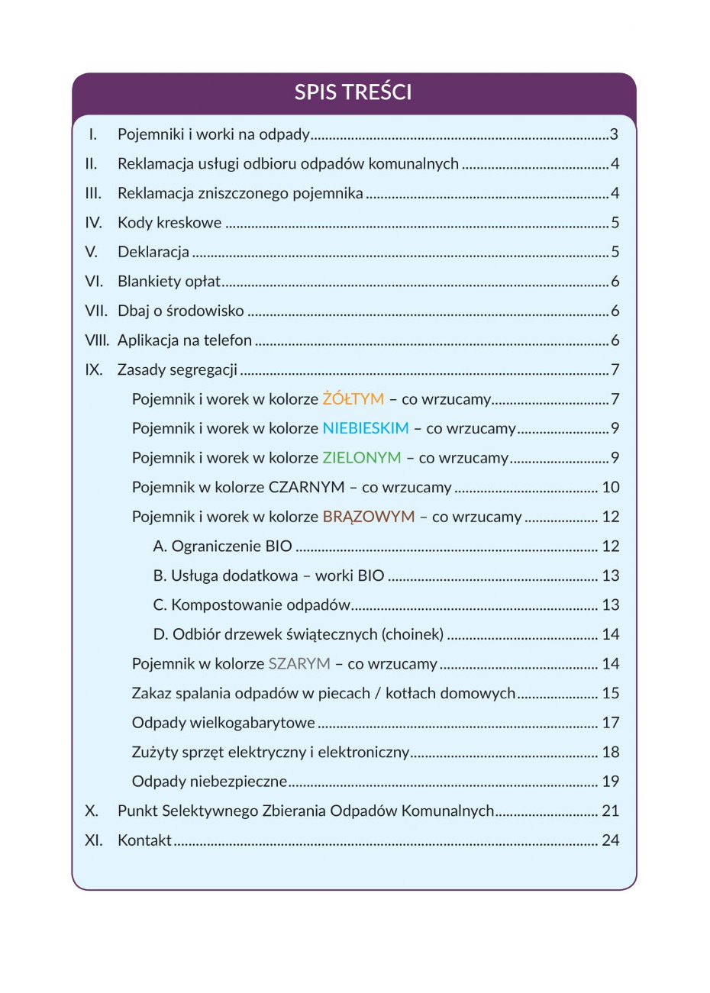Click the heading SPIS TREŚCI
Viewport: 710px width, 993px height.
[353, 92]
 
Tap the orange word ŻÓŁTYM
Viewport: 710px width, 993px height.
[353, 399]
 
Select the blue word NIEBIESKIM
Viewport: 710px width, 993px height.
[366, 428]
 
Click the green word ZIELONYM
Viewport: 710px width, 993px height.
[362, 458]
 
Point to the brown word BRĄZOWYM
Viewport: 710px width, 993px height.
[369, 517]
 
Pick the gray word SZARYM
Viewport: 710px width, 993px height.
[299, 664]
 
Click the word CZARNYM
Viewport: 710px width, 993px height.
[306, 487]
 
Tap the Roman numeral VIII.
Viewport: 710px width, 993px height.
[96, 340]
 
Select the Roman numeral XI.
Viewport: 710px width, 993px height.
[94, 840]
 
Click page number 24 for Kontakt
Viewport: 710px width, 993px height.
[610, 840]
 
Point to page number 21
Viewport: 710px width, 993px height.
[610, 811]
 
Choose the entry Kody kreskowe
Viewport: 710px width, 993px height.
[169, 223]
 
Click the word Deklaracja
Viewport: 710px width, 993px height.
[153, 252]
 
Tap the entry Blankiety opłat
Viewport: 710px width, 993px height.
[169, 282]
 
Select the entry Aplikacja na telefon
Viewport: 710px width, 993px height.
[185, 340]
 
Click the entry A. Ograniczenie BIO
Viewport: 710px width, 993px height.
[223, 546]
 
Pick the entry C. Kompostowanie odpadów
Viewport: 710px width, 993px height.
[252, 605]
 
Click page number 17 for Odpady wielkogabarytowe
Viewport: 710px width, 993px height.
[610, 723]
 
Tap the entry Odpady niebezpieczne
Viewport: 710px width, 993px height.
[209, 782]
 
